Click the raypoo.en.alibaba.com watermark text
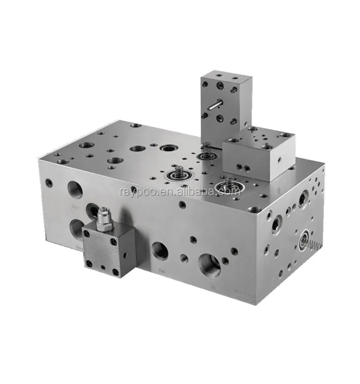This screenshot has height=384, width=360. coord(179,192)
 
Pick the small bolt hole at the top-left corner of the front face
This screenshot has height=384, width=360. coord(48,182)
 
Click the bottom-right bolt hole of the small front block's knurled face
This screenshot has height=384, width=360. coord(116,272)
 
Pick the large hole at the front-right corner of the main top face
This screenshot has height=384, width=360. coord(255,209)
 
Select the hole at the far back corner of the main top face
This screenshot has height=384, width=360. coord(136,125)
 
